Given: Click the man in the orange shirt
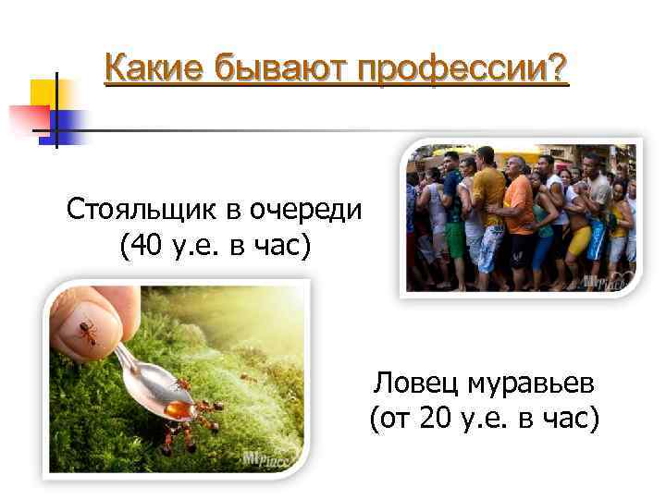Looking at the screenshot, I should point(519,203).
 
